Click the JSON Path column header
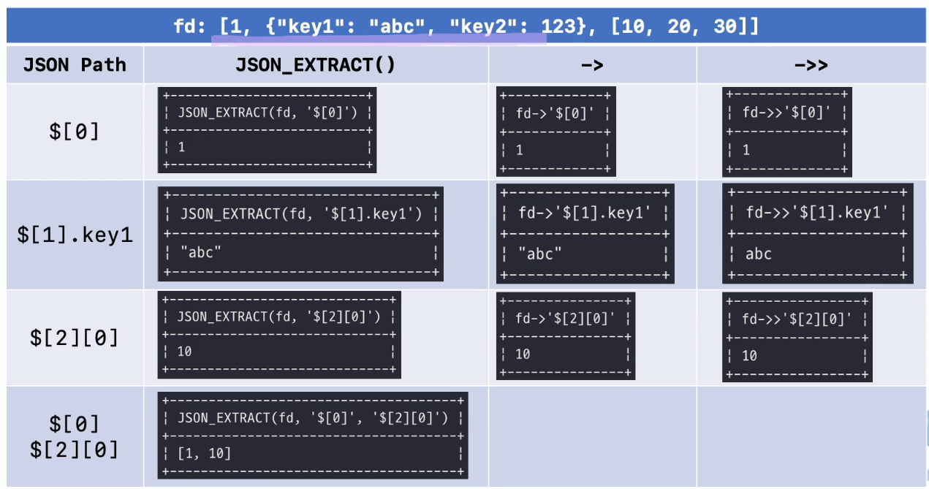[x=75, y=65]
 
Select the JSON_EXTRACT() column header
[x=315, y=65]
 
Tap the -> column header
[x=592, y=65]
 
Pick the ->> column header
[x=811, y=65]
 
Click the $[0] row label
[x=75, y=132]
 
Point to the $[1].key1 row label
[x=75, y=235]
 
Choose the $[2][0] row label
[x=75, y=338]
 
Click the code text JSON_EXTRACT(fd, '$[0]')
[x=267, y=113]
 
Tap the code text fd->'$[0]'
[x=554, y=114]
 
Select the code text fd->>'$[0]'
[x=786, y=113]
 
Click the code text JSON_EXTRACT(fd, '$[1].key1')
[x=300, y=214]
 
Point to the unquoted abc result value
[x=759, y=254]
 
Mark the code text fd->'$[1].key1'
[x=584, y=213]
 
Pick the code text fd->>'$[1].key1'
[x=817, y=213]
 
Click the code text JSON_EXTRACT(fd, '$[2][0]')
[x=278, y=316]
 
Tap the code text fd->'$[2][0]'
[x=564, y=318]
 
